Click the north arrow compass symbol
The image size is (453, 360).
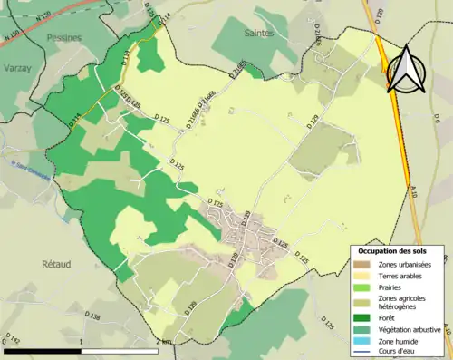tap(405, 70)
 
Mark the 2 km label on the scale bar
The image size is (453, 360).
tap(162, 341)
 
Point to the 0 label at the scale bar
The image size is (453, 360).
tap(5, 341)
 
